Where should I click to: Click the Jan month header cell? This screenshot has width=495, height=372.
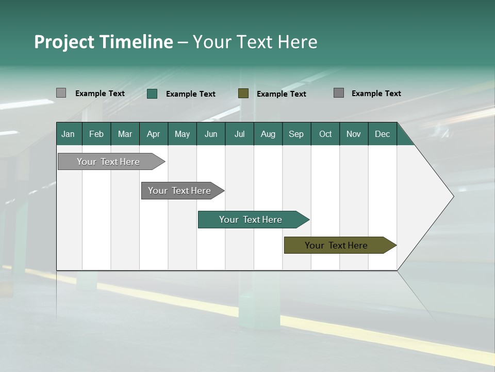pyautogui.click(x=69, y=134)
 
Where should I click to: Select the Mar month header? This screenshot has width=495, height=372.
pyautogui.click(x=125, y=134)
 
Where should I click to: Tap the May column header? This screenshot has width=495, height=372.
pyautogui.click(x=182, y=134)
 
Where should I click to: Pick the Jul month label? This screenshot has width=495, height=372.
pyautogui.click(x=239, y=134)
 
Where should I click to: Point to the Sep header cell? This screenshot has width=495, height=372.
pyautogui.click(x=296, y=134)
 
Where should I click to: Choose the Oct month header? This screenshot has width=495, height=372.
pyautogui.click(x=325, y=134)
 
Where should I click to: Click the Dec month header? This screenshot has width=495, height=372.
pyautogui.click(x=382, y=134)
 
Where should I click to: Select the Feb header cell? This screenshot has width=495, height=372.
pyautogui.click(x=96, y=134)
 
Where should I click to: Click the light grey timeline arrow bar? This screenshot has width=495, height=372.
pyautogui.click(x=108, y=162)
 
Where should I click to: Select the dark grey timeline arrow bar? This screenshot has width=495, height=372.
pyautogui.click(x=179, y=191)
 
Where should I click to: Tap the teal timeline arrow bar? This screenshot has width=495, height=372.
pyautogui.click(x=251, y=220)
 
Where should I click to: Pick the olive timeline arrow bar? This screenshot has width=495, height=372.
pyautogui.click(x=336, y=245)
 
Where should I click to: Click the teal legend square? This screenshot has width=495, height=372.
pyautogui.click(x=152, y=94)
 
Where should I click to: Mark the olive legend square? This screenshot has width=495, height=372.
pyautogui.click(x=243, y=93)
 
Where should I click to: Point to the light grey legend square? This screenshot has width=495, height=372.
pyautogui.click(x=61, y=93)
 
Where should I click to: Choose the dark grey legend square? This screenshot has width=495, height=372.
pyautogui.click(x=339, y=93)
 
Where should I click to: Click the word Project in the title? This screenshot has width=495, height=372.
pyautogui.click(x=64, y=42)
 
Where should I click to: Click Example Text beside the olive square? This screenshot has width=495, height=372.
pyautogui.click(x=282, y=94)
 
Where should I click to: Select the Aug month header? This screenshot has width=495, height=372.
pyautogui.click(x=268, y=134)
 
